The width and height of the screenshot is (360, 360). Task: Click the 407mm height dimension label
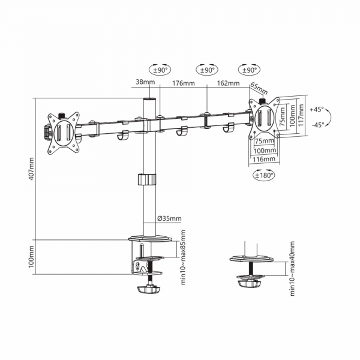31,169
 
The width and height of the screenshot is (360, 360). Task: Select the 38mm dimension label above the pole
145,82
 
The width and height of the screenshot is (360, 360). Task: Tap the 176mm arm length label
184,83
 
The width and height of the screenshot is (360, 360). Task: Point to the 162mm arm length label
228,83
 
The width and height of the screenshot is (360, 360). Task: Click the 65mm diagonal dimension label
259,88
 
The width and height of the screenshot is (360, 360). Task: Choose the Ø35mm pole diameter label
169,218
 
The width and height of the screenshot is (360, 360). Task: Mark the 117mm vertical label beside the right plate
301,115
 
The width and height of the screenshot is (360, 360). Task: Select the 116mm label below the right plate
264,159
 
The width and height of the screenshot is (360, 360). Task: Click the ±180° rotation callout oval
264,175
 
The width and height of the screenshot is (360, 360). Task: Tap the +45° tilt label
317,109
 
